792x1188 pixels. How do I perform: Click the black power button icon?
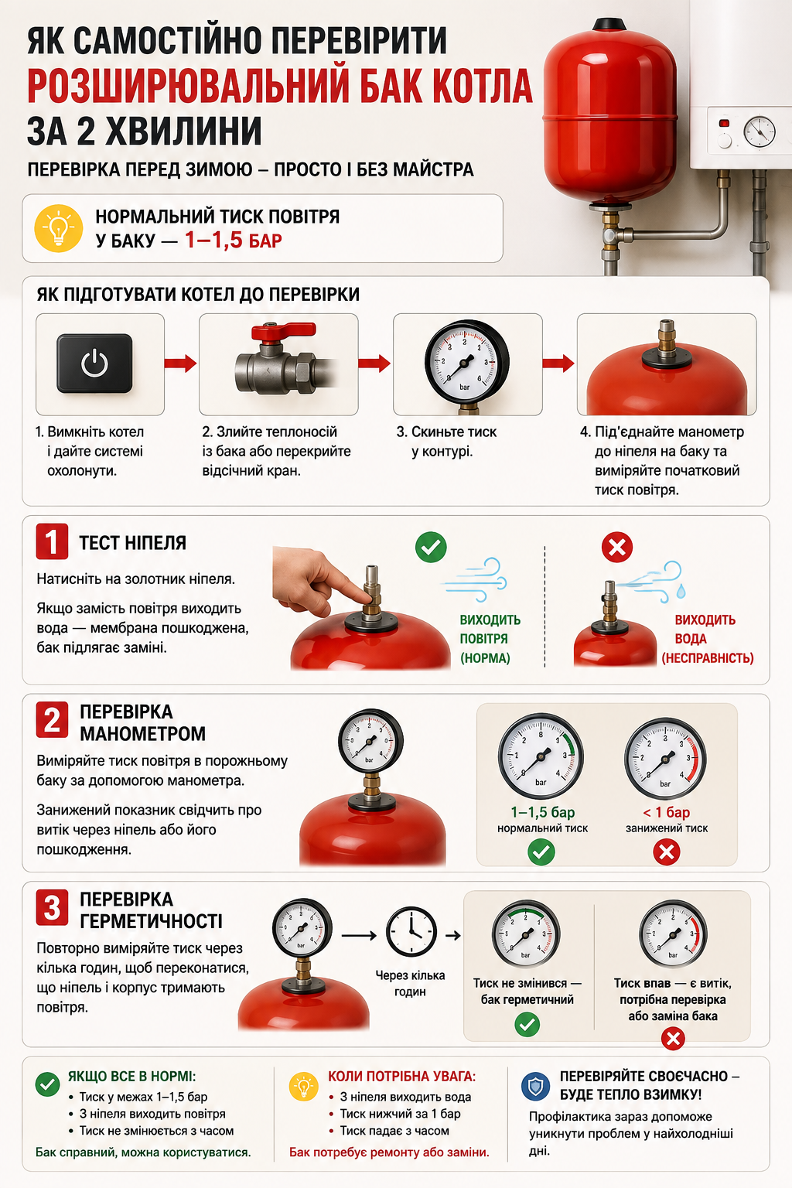pyautogui.click(x=94, y=364)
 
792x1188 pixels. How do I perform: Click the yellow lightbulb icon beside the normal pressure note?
pyautogui.click(x=58, y=228)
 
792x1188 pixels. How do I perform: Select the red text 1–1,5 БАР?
pyautogui.click(x=234, y=241)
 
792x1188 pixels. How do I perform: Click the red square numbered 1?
pyautogui.click(x=52, y=541)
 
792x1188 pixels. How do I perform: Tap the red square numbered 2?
pyautogui.click(x=52, y=720)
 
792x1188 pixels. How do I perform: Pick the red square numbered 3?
pyautogui.click(x=52, y=907)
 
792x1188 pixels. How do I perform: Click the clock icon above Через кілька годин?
pyautogui.click(x=411, y=932)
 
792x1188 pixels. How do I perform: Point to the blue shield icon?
pyautogui.click(x=535, y=1087)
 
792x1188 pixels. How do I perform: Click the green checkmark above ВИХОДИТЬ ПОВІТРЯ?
pyautogui.click(x=431, y=547)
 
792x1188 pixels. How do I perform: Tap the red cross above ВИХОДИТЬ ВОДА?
pyautogui.click(x=617, y=547)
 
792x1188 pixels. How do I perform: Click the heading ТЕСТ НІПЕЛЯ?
pyautogui.click(x=132, y=543)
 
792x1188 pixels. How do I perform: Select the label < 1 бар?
pyautogui.click(x=666, y=812)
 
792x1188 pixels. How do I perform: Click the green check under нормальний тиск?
pyautogui.click(x=541, y=852)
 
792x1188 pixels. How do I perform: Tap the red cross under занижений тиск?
pyautogui.click(x=666, y=852)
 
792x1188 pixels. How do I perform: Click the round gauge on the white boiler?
pyautogui.click(x=759, y=131)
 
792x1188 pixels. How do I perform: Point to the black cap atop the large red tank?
pyautogui.click(x=609, y=24)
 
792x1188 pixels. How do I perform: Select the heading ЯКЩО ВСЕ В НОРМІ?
pyautogui.click(x=131, y=1076)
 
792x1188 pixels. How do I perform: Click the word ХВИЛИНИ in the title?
pyautogui.click(x=183, y=131)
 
